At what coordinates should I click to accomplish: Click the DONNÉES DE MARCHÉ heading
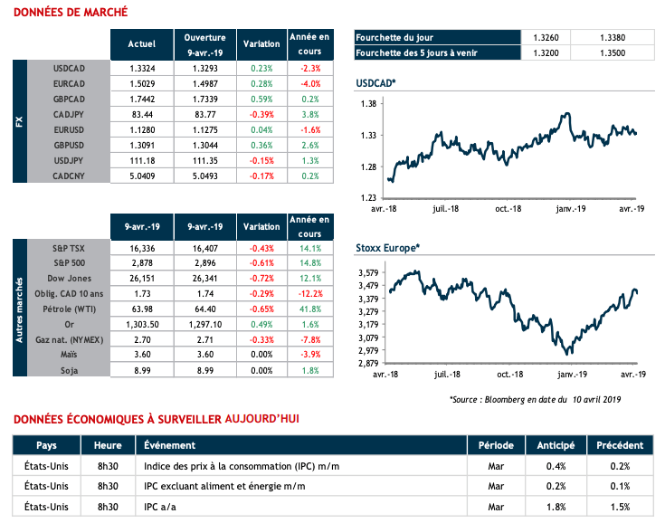click(x=70, y=13)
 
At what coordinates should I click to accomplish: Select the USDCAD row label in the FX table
click(x=70, y=68)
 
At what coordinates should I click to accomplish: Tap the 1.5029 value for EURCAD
click(x=141, y=84)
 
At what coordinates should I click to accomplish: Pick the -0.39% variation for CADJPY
click(x=261, y=116)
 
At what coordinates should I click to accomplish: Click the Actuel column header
click(x=141, y=43)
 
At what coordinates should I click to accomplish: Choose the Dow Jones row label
click(x=70, y=277)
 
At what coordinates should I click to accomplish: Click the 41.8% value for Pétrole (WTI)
click(x=309, y=309)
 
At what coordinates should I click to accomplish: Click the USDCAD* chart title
click(x=376, y=84)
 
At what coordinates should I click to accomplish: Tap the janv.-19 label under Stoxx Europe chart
click(x=569, y=374)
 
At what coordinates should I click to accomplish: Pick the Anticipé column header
click(x=555, y=446)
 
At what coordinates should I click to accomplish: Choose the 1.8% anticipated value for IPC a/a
click(x=555, y=507)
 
